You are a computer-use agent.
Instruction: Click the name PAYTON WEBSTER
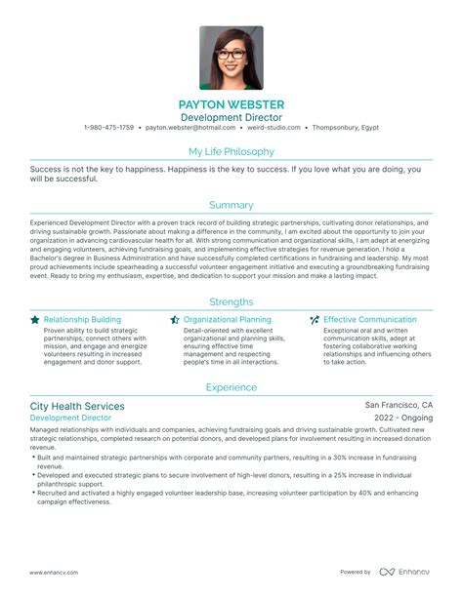pyautogui.click(x=231, y=103)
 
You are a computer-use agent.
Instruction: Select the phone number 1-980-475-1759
pyautogui.click(x=109, y=128)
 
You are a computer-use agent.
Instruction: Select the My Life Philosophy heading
pyautogui.click(x=231, y=151)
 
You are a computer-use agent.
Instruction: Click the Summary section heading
pyautogui.click(x=231, y=205)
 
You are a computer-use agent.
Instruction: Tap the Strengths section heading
pyautogui.click(x=231, y=301)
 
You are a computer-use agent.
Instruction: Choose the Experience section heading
pyautogui.click(x=231, y=387)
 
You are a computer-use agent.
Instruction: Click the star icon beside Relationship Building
pyautogui.click(x=35, y=319)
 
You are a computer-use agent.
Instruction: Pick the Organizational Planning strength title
pyautogui.click(x=227, y=319)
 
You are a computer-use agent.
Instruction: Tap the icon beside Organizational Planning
pyautogui.click(x=175, y=319)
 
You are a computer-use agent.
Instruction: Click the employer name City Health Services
pyautogui.click(x=77, y=406)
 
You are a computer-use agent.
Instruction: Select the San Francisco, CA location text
pyautogui.click(x=399, y=405)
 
